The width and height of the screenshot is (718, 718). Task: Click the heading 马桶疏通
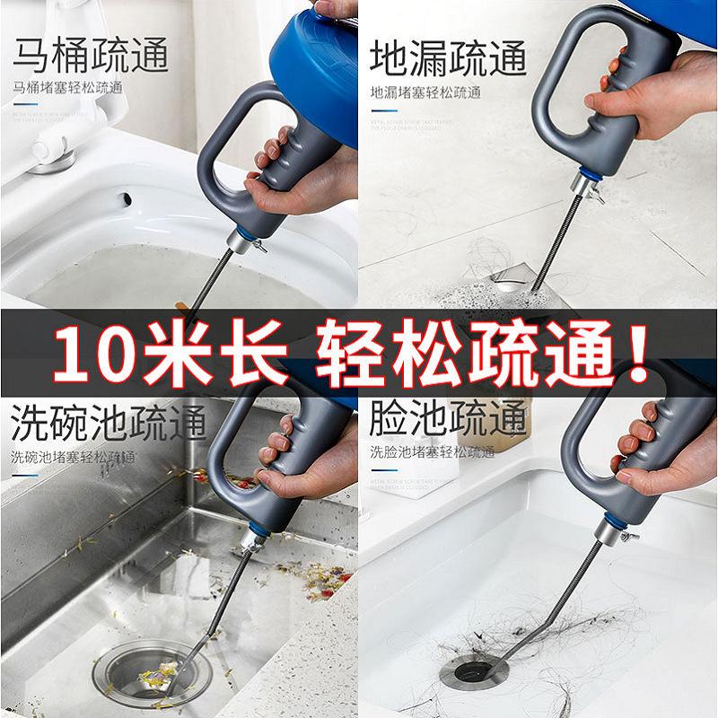(90, 56)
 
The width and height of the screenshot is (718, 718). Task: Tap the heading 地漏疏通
(448, 56)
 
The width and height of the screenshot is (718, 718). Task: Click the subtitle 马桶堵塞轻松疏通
(67, 89)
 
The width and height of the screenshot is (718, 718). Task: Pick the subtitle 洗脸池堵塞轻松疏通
(432, 452)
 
